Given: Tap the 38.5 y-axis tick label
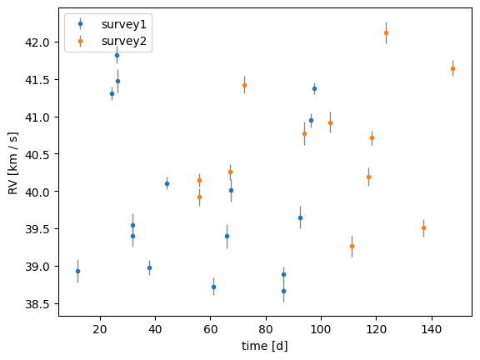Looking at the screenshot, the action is click(37, 304).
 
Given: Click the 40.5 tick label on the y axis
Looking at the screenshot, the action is click(37, 155).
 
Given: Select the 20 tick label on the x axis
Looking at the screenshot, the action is click(100, 329).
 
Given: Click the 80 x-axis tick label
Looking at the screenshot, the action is click(266, 329).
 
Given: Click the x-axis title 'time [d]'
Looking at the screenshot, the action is click(265, 346).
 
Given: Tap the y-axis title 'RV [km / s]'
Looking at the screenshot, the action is click(12, 163).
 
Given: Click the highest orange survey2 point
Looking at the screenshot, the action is click(386, 32).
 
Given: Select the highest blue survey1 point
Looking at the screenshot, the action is click(117, 55).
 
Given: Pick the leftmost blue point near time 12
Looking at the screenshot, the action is click(77, 271).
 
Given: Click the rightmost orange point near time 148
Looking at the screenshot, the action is click(452, 68).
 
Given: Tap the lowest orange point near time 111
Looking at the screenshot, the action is click(352, 246).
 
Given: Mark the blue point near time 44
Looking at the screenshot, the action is click(167, 183).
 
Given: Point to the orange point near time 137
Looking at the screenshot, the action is click(423, 227).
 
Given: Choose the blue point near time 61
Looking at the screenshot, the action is click(213, 287).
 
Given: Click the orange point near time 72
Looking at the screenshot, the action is click(245, 85).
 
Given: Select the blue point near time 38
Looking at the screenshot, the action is click(149, 267).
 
